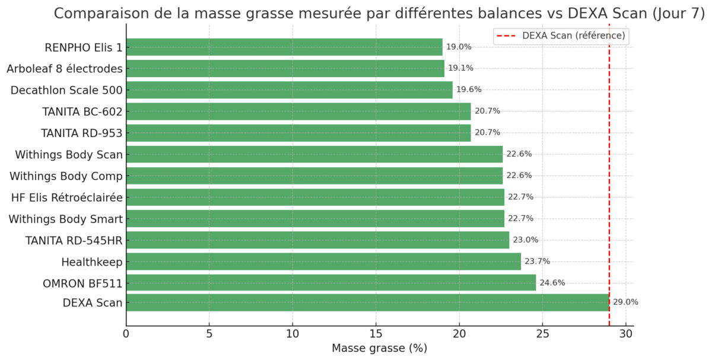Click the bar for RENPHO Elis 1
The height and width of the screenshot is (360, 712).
pyautogui.click(x=284, y=47)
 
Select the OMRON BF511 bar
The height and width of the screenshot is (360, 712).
pyautogui.click(x=330, y=282)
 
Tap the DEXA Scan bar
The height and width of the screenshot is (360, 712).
pyautogui.click(x=367, y=302)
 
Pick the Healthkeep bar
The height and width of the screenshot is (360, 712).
pyautogui.click(x=323, y=262)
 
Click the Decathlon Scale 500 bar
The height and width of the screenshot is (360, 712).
pyautogui.click(x=289, y=90)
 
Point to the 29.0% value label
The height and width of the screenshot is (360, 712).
pyautogui.click(x=625, y=302)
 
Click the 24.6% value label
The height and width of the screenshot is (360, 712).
pyautogui.click(x=552, y=283)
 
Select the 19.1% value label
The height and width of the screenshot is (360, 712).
pyautogui.click(x=460, y=68)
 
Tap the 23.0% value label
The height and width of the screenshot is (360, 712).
pyautogui.click(x=525, y=240)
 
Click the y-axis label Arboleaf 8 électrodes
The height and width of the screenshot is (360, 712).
pyautogui.click(x=65, y=69)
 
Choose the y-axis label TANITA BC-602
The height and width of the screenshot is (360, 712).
pyautogui.click(x=82, y=111)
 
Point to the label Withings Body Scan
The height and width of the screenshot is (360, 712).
pyautogui.click(x=69, y=155)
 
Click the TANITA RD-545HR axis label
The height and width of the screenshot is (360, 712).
pyautogui.click(x=74, y=240)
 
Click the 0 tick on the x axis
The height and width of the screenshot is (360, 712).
pyautogui.click(x=126, y=334)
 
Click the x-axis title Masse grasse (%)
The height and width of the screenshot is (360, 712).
pyautogui.click(x=379, y=349)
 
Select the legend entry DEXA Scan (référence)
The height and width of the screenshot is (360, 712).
pyautogui.click(x=573, y=36)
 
